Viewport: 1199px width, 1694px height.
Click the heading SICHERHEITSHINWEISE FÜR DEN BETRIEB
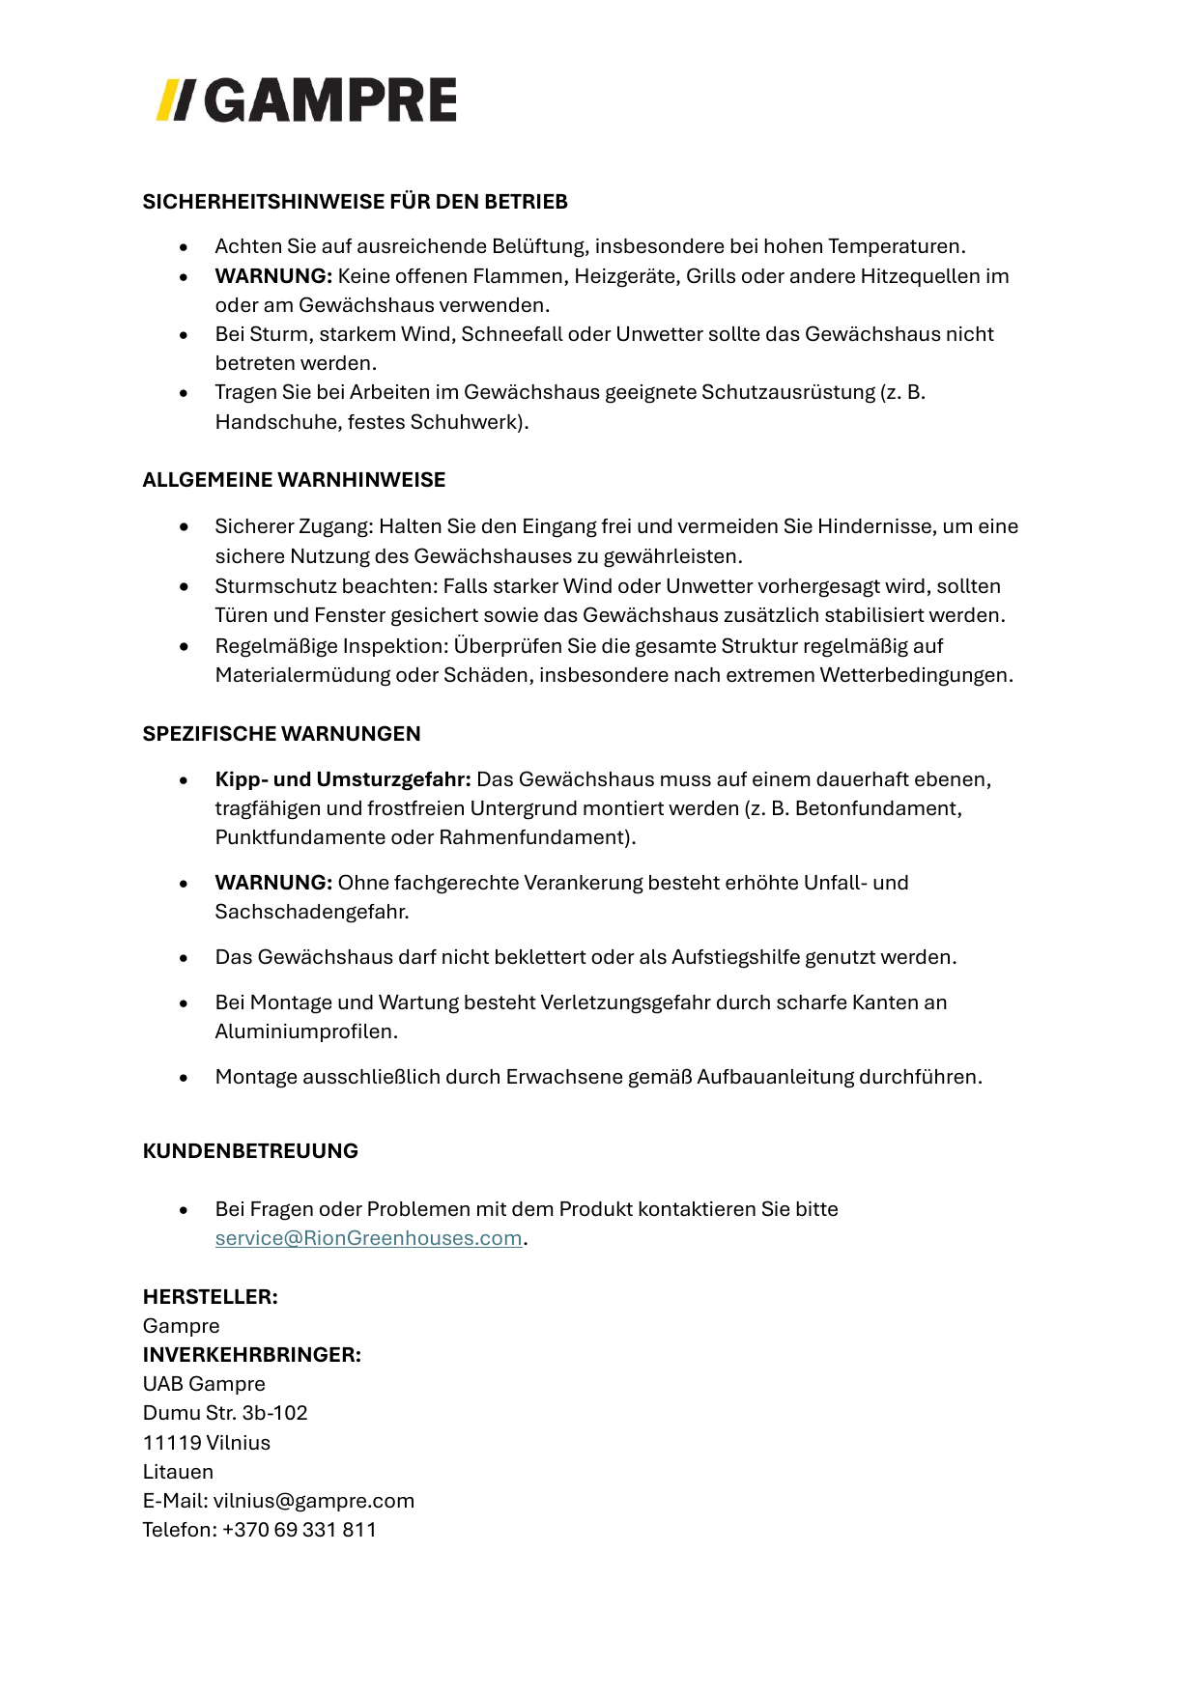point(355,202)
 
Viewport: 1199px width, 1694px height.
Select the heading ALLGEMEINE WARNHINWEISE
point(294,480)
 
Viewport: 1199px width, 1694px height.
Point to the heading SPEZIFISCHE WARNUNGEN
point(281,734)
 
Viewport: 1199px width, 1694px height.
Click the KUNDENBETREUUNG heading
point(250,1151)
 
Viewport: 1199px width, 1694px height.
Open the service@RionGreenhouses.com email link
point(368,1238)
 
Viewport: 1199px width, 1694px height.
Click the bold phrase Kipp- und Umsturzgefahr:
point(343,779)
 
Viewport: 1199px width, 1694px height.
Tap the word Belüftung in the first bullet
point(539,246)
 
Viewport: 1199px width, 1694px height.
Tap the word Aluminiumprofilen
point(304,1031)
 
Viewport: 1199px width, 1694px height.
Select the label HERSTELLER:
point(210,1297)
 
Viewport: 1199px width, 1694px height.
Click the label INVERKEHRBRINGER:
point(251,1355)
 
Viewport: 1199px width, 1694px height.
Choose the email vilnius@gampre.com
point(313,1501)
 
